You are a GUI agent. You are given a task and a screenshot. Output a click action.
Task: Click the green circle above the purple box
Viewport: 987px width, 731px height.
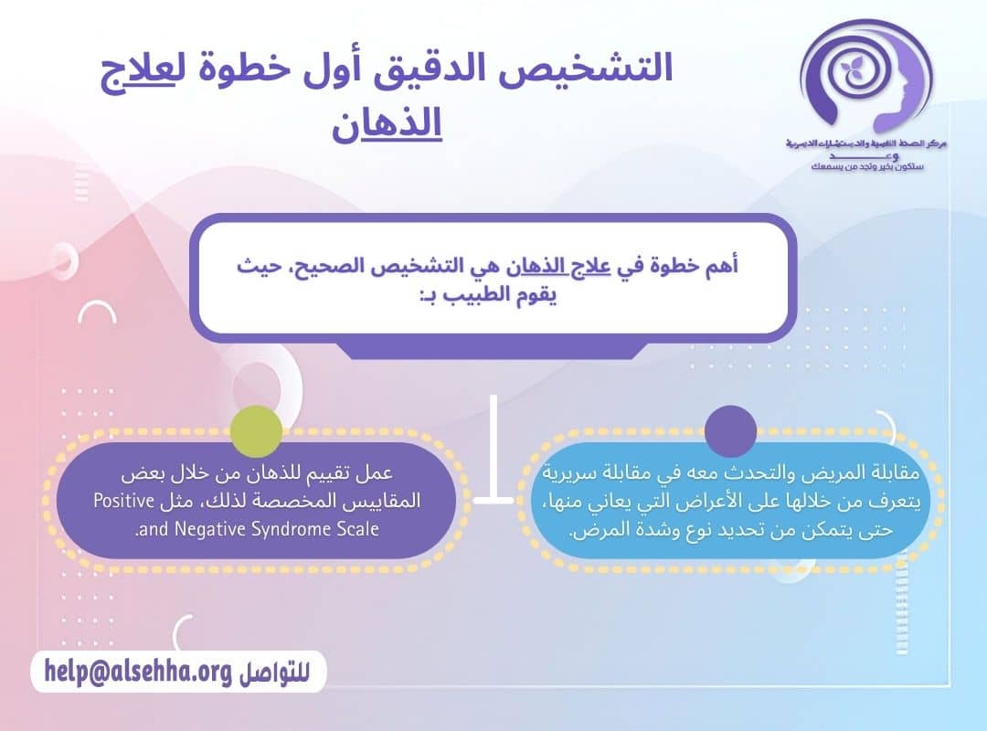(257, 430)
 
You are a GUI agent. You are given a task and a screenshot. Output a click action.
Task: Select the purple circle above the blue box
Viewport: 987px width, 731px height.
(731, 430)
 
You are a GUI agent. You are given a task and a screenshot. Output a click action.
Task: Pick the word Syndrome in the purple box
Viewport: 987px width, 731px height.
(286, 529)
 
